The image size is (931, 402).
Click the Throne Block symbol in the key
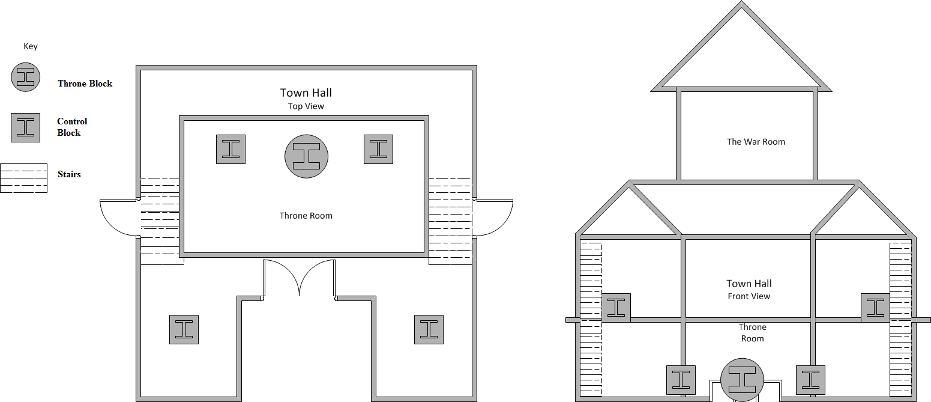pos(25,77)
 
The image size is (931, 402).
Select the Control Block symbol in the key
pos(25,128)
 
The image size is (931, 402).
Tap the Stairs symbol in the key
pos(23,178)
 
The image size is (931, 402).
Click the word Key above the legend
pos(31,46)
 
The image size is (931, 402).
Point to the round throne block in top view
pos(306,156)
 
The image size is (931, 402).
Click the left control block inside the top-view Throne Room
pos(230,150)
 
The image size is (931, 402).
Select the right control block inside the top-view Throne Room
pos(378,150)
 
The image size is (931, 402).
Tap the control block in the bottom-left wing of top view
pos(184,329)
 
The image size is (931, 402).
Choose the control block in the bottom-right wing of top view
pos(429,329)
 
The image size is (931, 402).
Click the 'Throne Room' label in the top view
pos(306,216)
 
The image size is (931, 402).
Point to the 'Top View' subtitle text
pos(306,106)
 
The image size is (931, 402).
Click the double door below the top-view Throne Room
pos(300,277)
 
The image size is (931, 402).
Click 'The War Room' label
pos(756,142)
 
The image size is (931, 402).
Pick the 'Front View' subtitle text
pos(749,296)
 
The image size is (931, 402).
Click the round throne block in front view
pos(742,380)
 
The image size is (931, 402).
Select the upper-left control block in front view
pos(616,308)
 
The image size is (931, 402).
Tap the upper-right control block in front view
pos(875,308)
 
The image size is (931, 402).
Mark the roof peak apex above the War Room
pos(741,2)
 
